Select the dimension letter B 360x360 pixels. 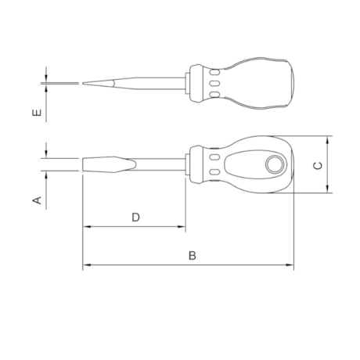(193, 256)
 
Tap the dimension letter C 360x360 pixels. (318, 165)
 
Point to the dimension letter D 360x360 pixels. (135, 218)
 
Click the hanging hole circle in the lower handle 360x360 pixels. (275, 164)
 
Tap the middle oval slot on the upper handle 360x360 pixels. (214, 84)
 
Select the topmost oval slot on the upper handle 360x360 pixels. (214, 72)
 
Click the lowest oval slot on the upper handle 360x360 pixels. (214, 95)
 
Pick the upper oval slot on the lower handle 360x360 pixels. (214, 157)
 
